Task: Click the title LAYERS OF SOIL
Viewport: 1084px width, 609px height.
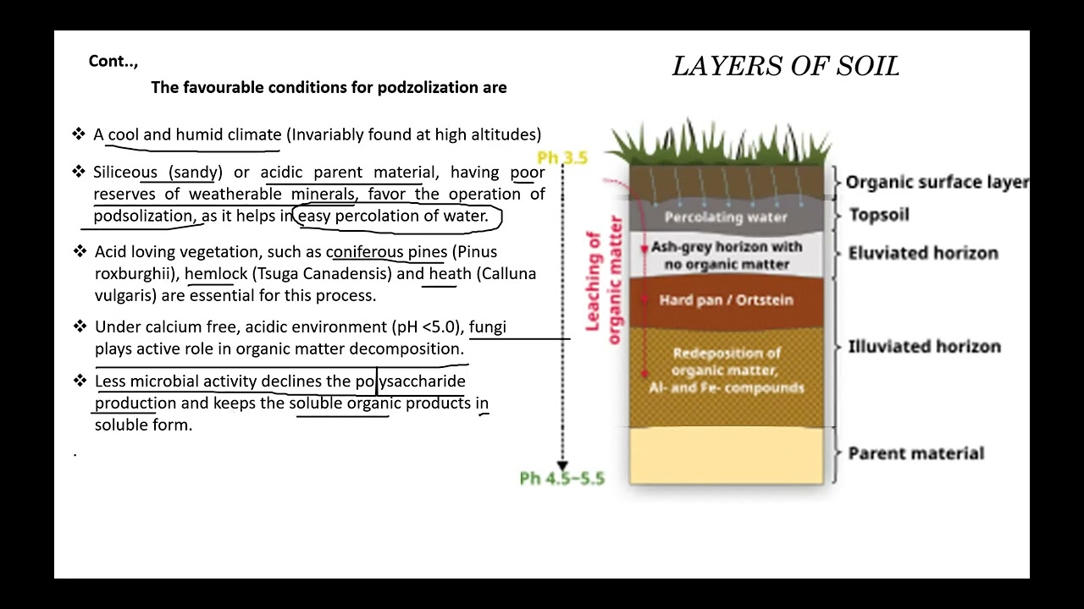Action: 785,67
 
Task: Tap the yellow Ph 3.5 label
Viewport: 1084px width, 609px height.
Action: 562,158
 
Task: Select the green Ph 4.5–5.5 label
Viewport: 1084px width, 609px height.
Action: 562,479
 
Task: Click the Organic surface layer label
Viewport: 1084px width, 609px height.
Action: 937,182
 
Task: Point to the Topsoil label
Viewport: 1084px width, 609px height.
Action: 879,215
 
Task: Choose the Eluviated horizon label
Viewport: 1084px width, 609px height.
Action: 923,253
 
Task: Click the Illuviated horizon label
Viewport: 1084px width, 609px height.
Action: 924,347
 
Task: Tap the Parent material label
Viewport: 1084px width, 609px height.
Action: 915,453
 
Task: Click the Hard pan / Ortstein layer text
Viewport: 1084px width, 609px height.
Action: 726,300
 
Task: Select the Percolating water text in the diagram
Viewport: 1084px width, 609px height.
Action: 726,217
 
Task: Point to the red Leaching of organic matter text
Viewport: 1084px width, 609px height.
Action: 603,279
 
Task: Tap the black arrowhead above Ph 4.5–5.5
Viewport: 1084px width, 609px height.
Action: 562,465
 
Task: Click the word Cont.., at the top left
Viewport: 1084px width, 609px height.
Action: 113,62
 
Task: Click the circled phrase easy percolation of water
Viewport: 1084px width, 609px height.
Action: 394,217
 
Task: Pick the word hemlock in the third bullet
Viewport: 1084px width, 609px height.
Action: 216,274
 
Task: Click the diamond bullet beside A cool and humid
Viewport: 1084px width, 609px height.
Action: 79,134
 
